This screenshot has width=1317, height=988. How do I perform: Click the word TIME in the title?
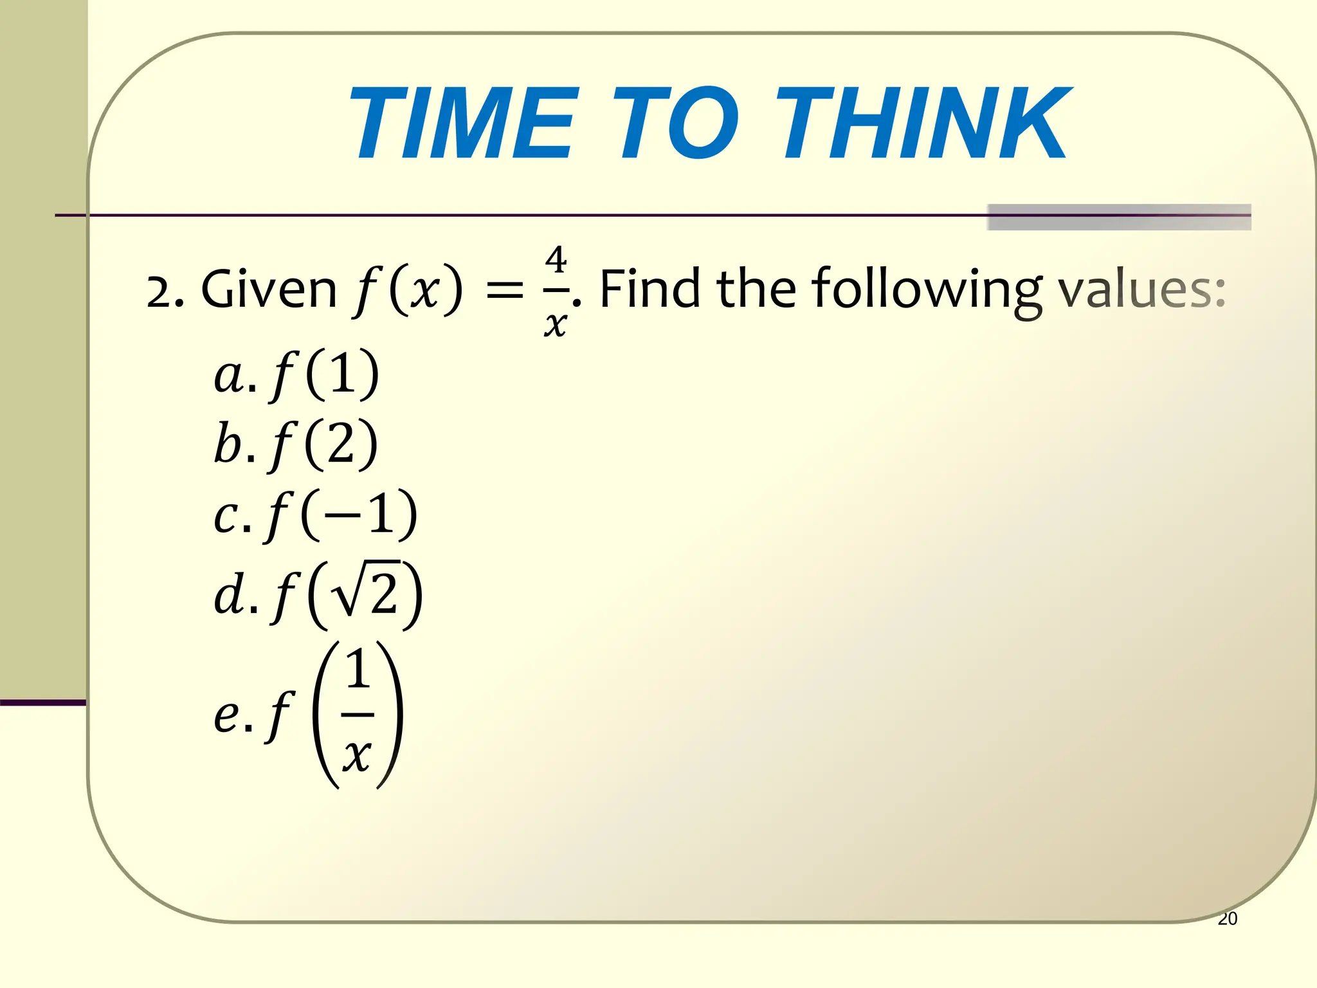pyautogui.click(x=460, y=123)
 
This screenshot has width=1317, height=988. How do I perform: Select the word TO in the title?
pyautogui.click(x=675, y=123)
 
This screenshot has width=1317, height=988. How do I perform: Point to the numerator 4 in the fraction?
pyautogui.click(x=556, y=261)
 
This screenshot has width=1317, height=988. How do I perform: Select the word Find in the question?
pyautogui.click(x=649, y=289)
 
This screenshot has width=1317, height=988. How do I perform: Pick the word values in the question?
pyautogui.click(x=1141, y=289)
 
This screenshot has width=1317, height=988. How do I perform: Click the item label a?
pyautogui.click(x=229, y=376)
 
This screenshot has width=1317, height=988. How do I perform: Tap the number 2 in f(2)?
pyautogui.click(x=340, y=444)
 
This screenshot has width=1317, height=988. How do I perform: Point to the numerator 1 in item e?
pyautogui.click(x=358, y=670)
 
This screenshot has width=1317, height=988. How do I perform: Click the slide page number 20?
pyautogui.click(x=1227, y=919)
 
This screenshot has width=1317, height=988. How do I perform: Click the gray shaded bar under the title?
pyautogui.click(x=1118, y=217)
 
